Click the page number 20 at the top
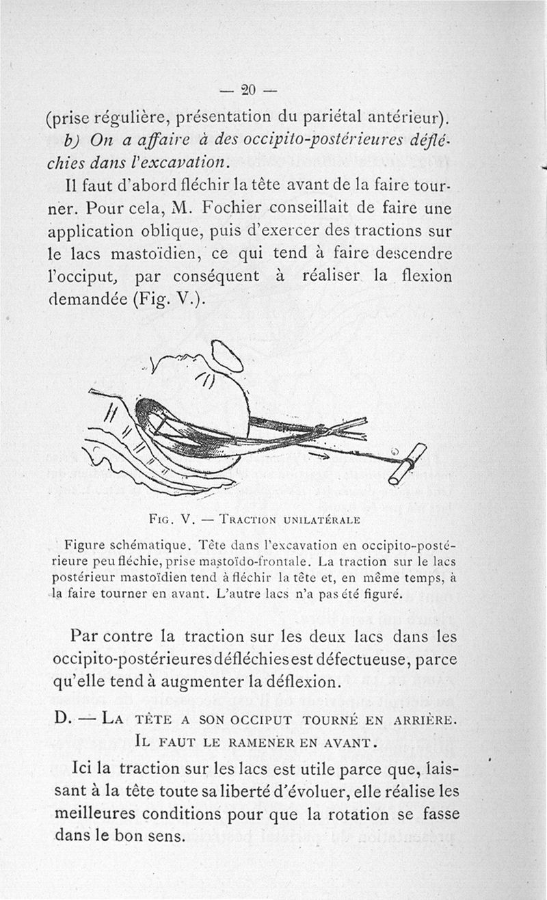pyautogui.click(x=248, y=89)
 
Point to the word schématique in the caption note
pyautogui.click(x=150, y=546)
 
